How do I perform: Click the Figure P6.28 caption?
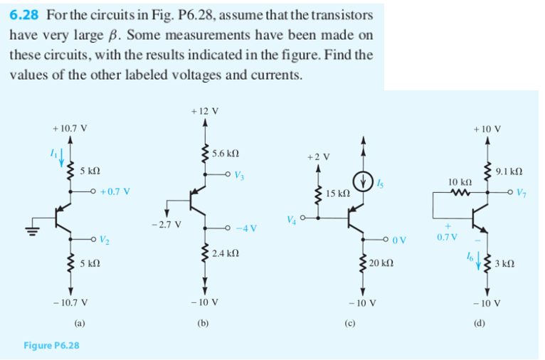(51, 346)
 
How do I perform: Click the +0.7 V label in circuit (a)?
(114, 191)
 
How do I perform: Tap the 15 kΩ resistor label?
(337, 193)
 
